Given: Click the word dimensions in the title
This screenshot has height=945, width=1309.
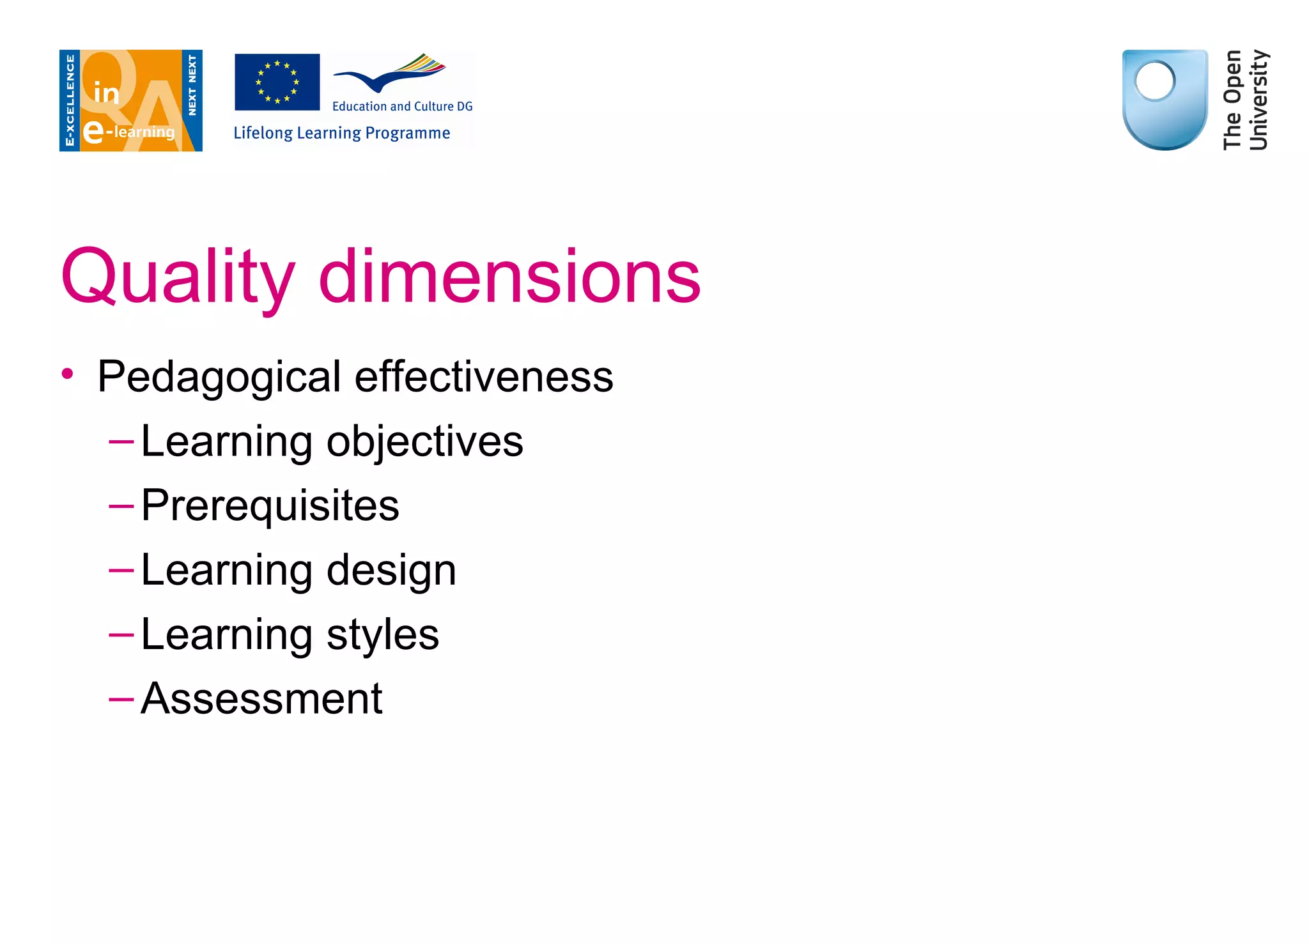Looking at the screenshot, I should coord(509,276).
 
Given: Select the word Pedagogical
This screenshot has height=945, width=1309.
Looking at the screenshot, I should coord(219,377).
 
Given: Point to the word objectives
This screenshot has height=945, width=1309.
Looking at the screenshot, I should coord(424,442).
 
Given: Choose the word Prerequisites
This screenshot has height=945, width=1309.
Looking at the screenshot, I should coord(270,505).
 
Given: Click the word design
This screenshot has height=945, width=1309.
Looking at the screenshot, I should coord(391,570).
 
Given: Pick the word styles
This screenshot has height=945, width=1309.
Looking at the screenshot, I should coord(382,634).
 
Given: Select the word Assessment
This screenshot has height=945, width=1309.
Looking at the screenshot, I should coord(261,698).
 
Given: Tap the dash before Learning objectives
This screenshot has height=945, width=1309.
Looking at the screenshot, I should coord(121,442).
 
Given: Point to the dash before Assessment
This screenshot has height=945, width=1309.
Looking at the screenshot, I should coord(121,699).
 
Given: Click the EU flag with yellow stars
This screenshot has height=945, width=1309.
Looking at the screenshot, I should coord(277,82).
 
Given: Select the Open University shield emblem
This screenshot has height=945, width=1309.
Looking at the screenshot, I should coord(1165,99).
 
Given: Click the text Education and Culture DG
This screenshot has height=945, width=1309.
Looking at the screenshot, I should coord(402,106).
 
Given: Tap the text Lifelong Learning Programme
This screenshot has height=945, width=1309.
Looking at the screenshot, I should coord(341,133).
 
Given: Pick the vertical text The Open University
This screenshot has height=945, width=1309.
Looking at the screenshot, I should coord(1245,100).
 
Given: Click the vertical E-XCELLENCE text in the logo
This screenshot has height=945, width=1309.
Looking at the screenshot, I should coord(70,100).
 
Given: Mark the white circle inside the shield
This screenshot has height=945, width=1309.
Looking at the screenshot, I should coord(1154,81).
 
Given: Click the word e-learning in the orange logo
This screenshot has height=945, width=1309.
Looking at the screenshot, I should coord(130,132).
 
